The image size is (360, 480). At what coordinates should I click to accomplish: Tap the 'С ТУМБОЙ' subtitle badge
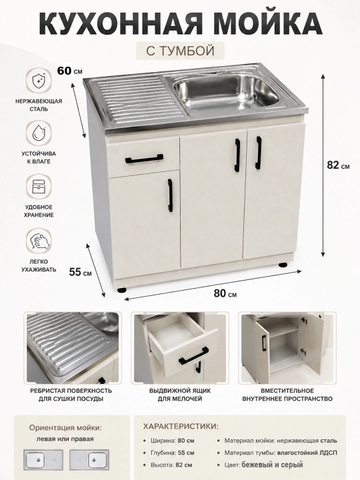tap(180, 51)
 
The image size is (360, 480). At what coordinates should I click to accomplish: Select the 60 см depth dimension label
tap(70, 71)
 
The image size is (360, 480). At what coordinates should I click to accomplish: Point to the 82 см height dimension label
tap(338, 165)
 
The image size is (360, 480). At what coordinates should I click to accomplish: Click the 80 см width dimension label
tap(225, 293)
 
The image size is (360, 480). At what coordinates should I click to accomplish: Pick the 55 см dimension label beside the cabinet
tap(80, 272)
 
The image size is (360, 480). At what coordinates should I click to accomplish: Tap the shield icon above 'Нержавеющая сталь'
tap(39, 80)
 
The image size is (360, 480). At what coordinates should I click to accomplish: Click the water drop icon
tap(39, 133)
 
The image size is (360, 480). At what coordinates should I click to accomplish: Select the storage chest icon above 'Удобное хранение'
tap(39, 187)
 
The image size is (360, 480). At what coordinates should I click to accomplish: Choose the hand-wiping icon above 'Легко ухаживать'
tap(39, 241)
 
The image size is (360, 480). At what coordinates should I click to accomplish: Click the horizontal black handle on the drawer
tap(144, 159)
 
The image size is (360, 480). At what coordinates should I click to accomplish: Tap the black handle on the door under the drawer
tap(170, 195)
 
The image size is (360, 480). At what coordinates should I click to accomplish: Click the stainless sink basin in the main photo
tap(226, 91)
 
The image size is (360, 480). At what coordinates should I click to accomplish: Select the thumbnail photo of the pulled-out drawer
tap(180, 348)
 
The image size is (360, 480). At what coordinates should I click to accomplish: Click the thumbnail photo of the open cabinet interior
tap(287, 348)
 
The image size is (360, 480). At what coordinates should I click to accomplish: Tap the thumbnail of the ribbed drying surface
tap(73, 348)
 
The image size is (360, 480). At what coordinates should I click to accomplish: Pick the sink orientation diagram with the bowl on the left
tap(43, 460)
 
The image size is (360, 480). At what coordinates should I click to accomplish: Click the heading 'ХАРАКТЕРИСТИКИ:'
tap(181, 427)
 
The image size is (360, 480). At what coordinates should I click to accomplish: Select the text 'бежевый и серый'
tap(272, 465)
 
